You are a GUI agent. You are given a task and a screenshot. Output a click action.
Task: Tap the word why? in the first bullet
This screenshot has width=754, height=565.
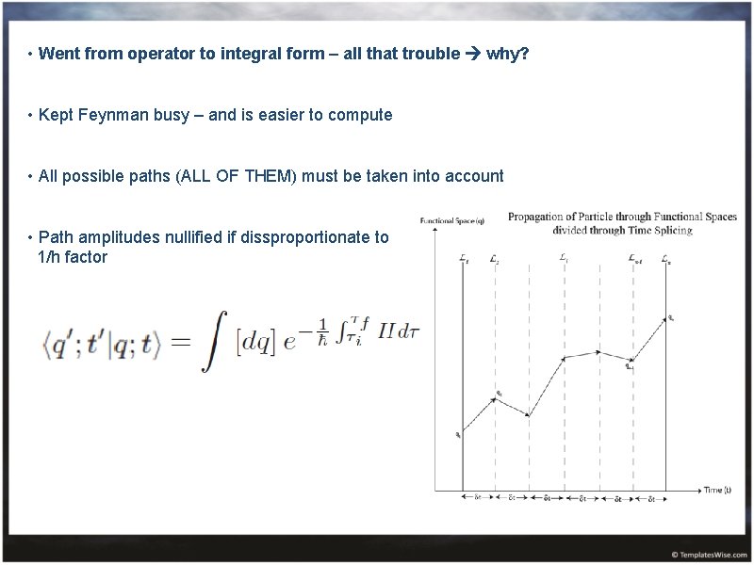pyautogui.click(x=508, y=54)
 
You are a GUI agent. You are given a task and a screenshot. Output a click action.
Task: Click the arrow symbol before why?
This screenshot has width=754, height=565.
pyautogui.click(x=472, y=54)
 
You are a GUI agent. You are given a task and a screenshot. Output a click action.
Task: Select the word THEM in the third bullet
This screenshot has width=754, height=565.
pyautogui.click(x=269, y=176)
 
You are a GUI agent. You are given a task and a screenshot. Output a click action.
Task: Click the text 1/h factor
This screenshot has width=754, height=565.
pyautogui.click(x=73, y=257)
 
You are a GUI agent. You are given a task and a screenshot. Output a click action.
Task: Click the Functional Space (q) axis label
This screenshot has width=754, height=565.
pyautogui.click(x=452, y=220)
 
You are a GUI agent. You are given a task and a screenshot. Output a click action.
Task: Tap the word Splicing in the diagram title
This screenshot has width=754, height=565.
pyautogui.click(x=673, y=230)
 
